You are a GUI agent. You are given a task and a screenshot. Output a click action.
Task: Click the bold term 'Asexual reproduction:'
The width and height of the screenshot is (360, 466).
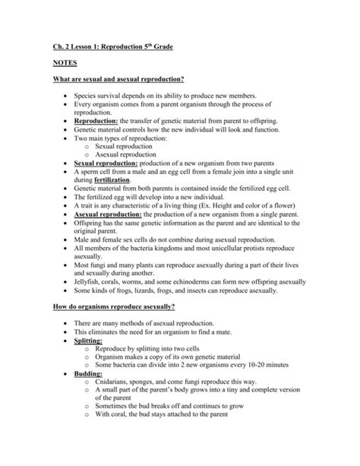(x=107, y=215)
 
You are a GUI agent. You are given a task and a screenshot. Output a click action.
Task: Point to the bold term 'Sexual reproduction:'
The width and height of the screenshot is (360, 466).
(x=106, y=163)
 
